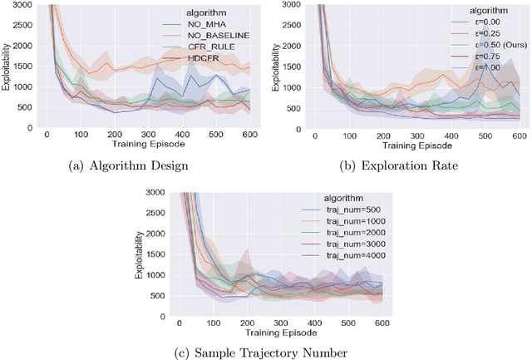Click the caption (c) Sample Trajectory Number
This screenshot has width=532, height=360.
click(x=265, y=353)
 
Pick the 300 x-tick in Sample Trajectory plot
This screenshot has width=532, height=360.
click(x=281, y=322)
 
